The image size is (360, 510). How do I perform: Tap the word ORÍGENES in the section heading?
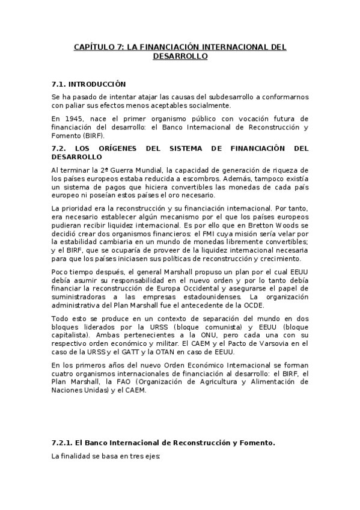pyautogui.click(x=120, y=147)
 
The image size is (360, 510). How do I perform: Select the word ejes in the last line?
pyautogui.click(x=151, y=456)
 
